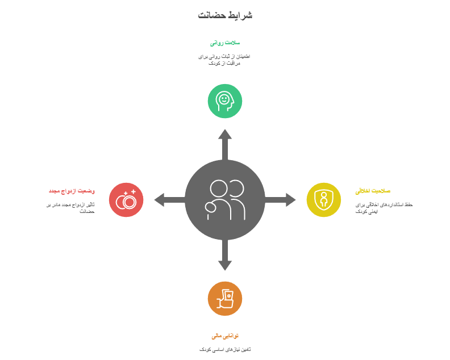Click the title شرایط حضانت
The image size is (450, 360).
[225, 15]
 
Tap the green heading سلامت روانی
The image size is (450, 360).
[225, 43]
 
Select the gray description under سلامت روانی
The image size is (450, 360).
[225, 60]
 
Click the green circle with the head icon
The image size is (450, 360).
[225, 101]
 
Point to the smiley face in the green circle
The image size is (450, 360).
[225, 99]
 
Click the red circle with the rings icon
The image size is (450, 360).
[126, 200]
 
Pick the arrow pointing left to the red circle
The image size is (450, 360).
[168, 200]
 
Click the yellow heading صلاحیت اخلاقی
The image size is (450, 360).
[373, 191]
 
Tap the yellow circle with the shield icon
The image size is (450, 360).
[324, 200]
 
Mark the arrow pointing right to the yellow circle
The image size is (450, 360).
[282, 200]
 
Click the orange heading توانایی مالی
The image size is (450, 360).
[225, 336]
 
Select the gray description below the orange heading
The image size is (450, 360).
[225, 349]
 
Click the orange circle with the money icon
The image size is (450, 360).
[225, 298]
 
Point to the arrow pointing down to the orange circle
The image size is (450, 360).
[225, 257]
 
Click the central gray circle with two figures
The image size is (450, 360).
[225, 200]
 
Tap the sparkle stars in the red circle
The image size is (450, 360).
[133, 192]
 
